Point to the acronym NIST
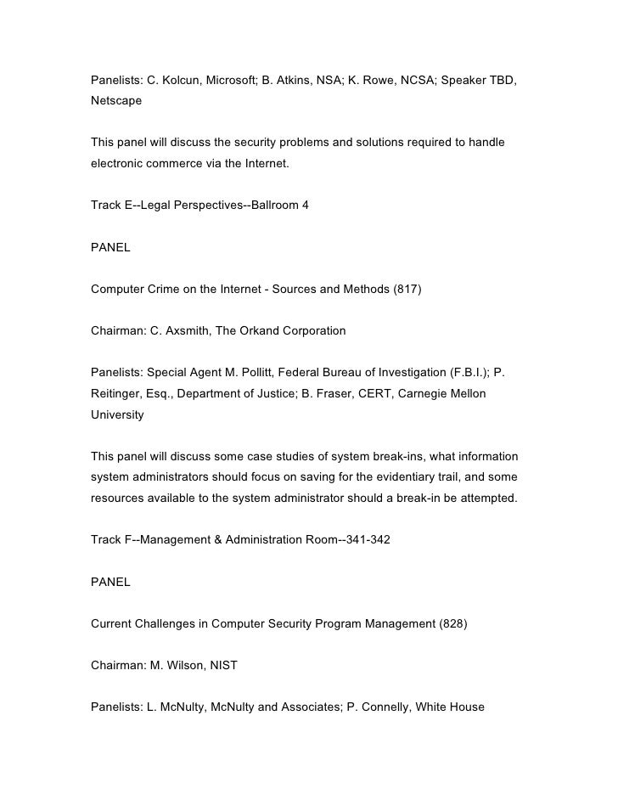(x=221, y=666)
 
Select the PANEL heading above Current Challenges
(x=110, y=582)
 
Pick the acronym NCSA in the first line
(x=413, y=81)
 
